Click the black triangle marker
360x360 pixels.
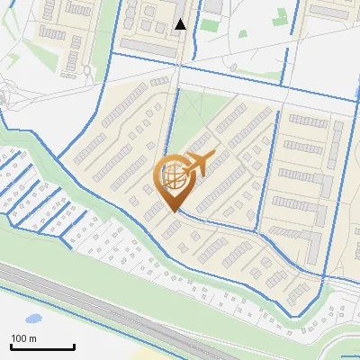point(181,24)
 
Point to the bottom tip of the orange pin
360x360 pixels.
point(174,211)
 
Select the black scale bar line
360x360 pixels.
point(42,346)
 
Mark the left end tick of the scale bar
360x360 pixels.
point(12,345)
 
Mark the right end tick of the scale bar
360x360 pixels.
point(74,345)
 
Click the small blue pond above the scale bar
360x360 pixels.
point(33,319)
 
